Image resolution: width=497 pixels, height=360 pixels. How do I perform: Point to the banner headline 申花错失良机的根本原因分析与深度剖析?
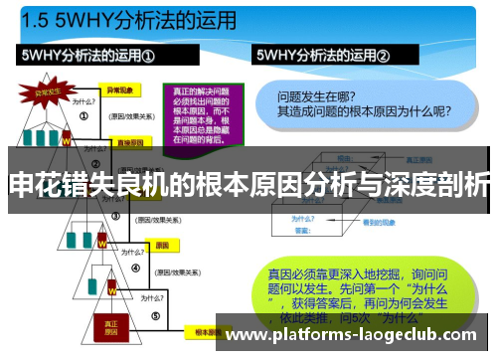tap(248, 184)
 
